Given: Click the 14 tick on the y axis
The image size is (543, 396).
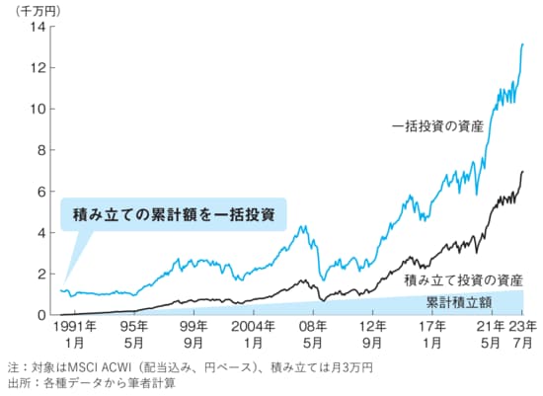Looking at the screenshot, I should tap(38, 27).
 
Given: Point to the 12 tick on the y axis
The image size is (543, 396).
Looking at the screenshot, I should tap(38, 68).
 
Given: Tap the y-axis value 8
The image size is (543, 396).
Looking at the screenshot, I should tap(40, 150).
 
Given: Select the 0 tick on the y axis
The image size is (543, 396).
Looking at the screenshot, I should tap(40, 315).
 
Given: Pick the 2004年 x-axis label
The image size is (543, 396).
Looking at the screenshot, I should tap(255, 328).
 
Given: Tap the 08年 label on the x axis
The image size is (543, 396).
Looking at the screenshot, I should tap(313, 328).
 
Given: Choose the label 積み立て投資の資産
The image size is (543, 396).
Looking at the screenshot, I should tap(462, 280).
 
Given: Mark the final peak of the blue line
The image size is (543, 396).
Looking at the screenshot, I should tap(522, 44).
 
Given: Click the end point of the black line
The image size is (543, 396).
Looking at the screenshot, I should tap(522, 172).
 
